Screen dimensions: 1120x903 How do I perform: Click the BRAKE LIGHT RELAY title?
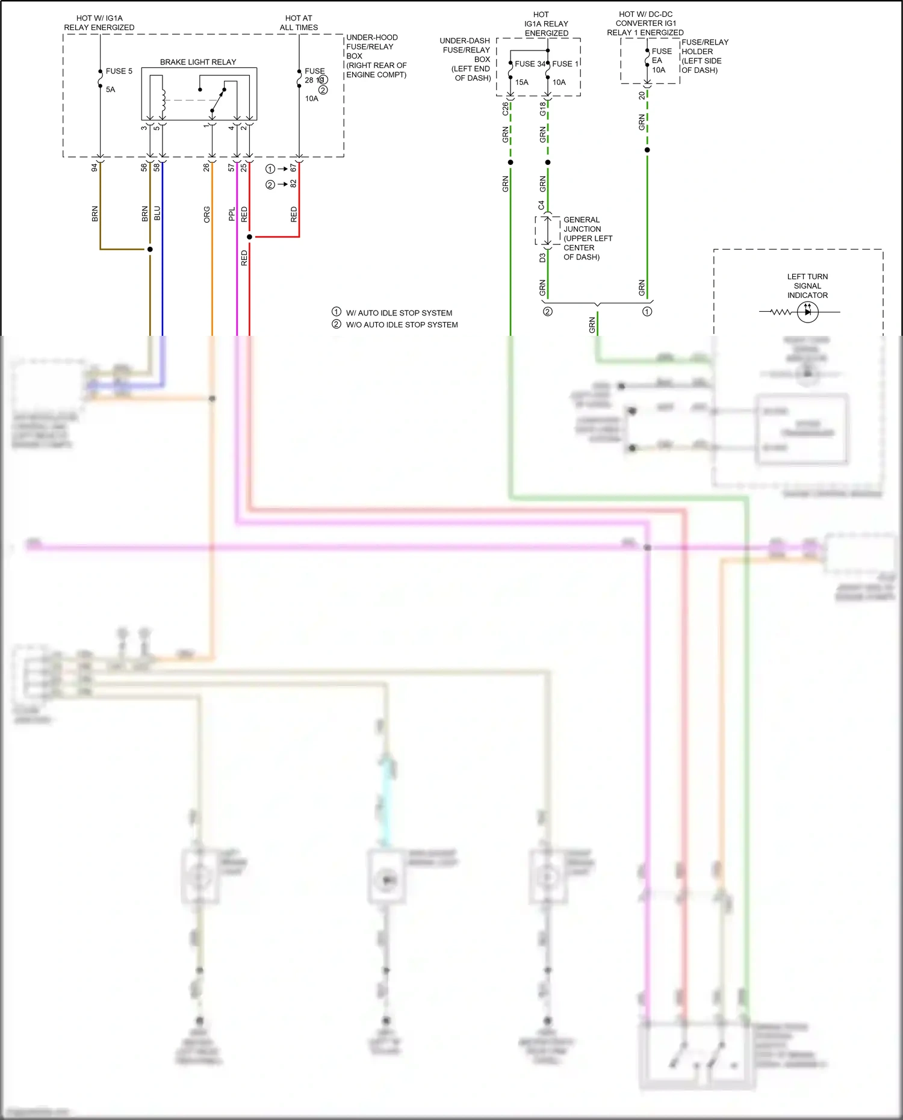point(197,62)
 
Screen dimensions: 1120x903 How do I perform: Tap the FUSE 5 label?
point(119,71)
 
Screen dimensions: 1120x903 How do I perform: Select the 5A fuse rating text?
point(110,90)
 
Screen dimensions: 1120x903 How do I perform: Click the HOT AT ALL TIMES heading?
point(299,23)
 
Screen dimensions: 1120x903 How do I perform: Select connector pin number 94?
point(95,167)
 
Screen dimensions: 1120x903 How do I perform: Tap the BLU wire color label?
point(157,213)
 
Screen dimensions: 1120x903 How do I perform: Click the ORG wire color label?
point(206,214)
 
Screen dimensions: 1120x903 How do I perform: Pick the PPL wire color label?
point(232,214)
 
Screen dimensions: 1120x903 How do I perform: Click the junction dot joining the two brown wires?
point(150,249)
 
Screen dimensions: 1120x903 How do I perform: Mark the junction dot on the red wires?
point(249,237)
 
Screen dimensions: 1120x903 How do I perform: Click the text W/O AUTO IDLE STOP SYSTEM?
point(402,325)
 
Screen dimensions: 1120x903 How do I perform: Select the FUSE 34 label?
point(530,64)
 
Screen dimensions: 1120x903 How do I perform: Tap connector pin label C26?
point(505,109)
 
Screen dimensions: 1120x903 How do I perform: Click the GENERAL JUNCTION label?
point(582,224)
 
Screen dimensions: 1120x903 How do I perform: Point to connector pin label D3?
point(542,258)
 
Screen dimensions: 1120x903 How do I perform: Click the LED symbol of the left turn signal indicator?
point(807,312)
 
